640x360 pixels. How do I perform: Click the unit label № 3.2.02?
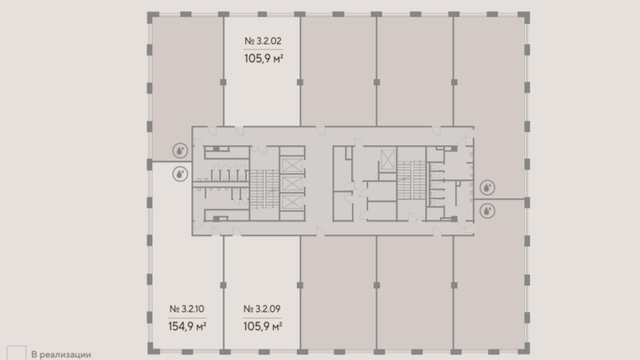click(263, 41)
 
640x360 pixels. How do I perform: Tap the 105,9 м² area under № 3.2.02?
click(264, 59)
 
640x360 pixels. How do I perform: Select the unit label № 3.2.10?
click(187, 309)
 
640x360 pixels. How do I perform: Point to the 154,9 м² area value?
click(187, 327)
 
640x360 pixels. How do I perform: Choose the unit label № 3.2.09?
click(262, 309)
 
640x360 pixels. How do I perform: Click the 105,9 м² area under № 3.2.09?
click(263, 327)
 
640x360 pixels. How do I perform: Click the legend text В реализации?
click(61, 354)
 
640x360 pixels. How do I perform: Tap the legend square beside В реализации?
click(16, 353)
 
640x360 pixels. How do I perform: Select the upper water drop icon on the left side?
click(180, 151)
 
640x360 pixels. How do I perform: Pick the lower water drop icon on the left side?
click(180, 174)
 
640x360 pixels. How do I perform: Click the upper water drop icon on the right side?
click(487, 188)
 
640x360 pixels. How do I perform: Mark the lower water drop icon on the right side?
click(487, 211)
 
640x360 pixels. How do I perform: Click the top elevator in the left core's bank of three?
click(292, 166)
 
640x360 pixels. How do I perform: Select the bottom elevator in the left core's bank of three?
click(292, 202)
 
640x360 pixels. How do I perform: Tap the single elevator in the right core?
click(387, 159)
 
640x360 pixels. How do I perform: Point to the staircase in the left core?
click(264, 189)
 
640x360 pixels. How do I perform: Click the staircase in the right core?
click(412, 180)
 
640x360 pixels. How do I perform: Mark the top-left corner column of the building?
click(153, 17)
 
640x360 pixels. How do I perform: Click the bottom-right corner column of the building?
click(523, 348)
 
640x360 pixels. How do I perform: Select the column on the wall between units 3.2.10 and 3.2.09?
click(223, 285)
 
